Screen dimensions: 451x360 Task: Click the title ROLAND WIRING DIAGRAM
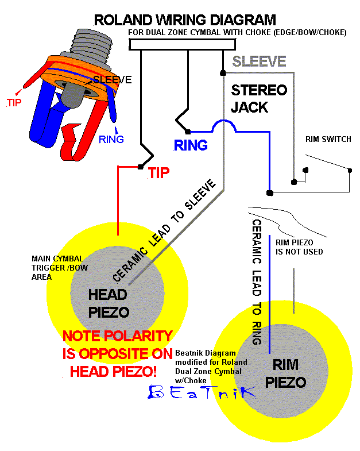184,20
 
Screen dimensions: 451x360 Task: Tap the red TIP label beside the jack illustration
13,103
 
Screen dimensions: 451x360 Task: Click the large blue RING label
191,145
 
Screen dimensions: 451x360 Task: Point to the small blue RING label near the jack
111,139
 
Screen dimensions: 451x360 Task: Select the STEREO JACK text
258,99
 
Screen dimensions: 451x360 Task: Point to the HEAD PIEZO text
108,303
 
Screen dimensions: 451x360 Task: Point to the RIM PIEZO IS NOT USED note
299,247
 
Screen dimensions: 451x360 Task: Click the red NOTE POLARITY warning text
117,353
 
